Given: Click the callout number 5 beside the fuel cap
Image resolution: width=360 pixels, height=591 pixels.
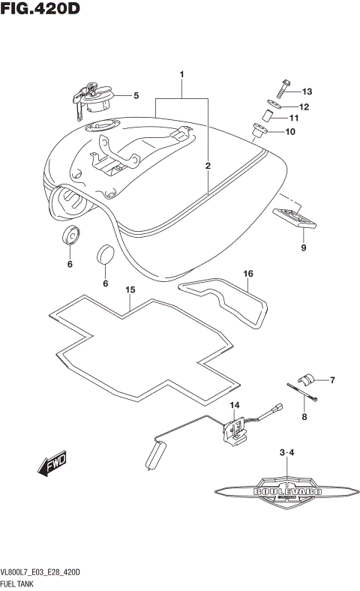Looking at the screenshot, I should pos(136,95).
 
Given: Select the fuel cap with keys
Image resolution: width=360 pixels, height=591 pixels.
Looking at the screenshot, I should pos(94,97).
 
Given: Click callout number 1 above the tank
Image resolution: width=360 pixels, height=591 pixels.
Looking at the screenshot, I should pos(181,75).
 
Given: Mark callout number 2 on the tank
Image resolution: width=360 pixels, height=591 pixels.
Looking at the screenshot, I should pos(208,165).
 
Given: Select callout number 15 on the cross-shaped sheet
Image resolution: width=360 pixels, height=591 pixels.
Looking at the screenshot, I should pos(130,289).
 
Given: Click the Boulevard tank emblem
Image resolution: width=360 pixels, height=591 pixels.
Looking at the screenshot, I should pos(288,491).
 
